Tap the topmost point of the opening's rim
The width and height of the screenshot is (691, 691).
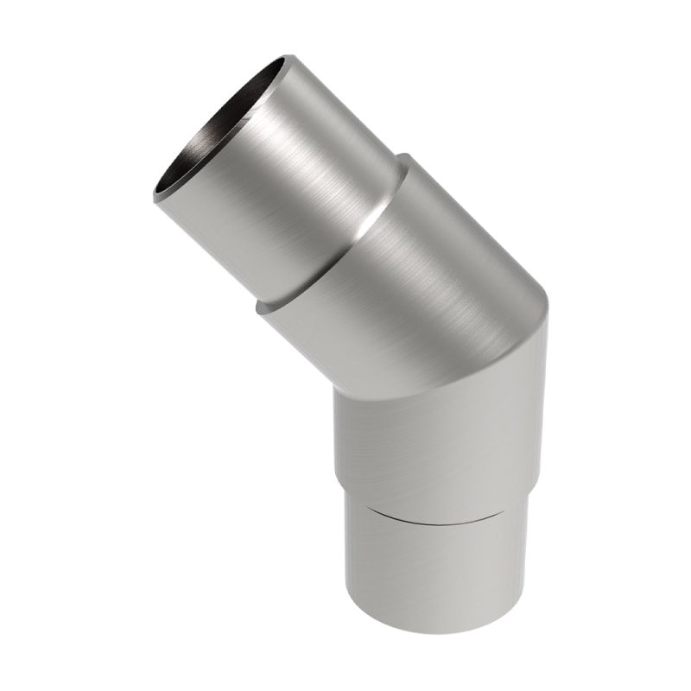click(x=289, y=57)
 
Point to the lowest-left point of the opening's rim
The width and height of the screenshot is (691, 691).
click(x=156, y=197)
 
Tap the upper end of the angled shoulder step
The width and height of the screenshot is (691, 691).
click(x=403, y=156)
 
